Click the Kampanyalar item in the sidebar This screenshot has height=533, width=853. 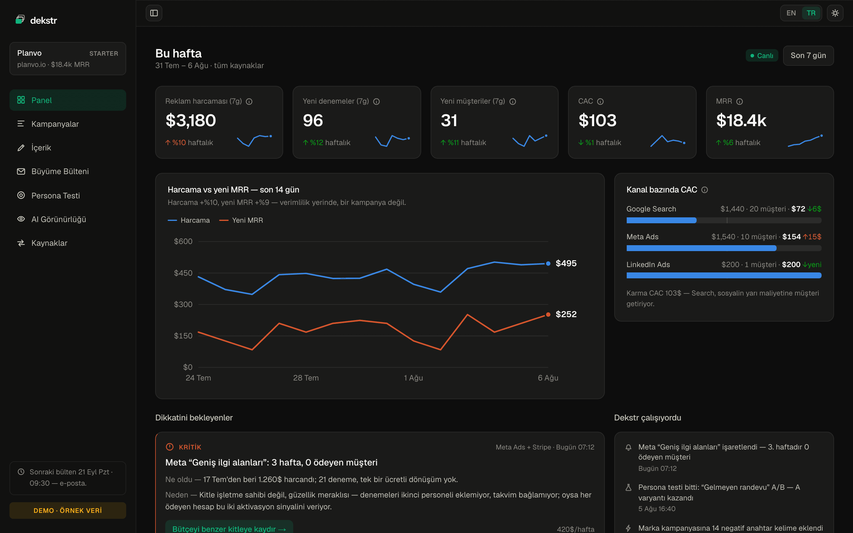(x=55, y=124)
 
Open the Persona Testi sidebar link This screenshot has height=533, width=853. (x=55, y=195)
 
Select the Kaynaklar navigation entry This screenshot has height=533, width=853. (x=49, y=243)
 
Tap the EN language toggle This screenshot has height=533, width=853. (x=791, y=13)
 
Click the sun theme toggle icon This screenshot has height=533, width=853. (x=835, y=13)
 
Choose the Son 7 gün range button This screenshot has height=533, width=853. (x=808, y=55)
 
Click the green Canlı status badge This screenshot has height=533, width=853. (x=762, y=55)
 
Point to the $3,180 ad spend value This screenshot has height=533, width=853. (x=191, y=121)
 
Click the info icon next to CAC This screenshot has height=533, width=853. (x=600, y=102)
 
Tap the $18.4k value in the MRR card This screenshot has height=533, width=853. (x=741, y=121)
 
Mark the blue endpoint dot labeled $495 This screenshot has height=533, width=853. (x=548, y=263)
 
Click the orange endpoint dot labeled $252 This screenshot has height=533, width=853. (x=548, y=314)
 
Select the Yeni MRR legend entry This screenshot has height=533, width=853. (x=241, y=220)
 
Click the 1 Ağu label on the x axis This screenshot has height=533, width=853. (x=413, y=378)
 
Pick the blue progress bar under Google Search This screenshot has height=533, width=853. (x=661, y=220)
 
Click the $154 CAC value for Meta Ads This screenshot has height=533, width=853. (x=791, y=237)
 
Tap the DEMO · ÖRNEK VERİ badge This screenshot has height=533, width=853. (x=68, y=510)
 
